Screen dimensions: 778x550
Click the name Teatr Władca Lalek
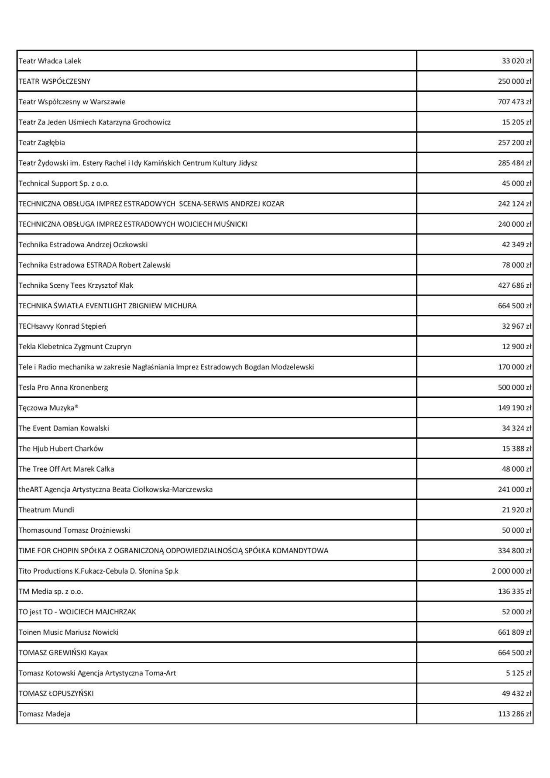coord(50,61)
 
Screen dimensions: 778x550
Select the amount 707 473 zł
coord(515,102)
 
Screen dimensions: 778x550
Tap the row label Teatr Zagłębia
coord(42,143)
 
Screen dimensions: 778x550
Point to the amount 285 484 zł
coord(515,163)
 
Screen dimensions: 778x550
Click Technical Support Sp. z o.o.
coord(64,184)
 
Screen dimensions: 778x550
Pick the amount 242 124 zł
coord(515,204)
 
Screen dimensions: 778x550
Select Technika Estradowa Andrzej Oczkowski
coord(83,245)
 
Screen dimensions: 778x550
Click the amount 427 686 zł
coord(515,286)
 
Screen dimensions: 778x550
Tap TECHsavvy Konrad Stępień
coord(62,327)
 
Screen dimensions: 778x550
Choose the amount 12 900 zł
coord(516,347)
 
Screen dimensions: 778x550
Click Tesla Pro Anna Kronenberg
coord(63,388)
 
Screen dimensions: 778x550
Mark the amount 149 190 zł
coord(515,408)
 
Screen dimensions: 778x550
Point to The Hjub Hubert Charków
coord(61,449)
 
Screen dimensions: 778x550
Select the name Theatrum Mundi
coord(46,510)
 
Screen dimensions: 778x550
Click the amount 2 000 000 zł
coord(512,571)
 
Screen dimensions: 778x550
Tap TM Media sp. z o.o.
coord(51,592)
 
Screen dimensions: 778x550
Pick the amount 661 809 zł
coord(515,633)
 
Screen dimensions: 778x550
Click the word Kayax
coord(98,653)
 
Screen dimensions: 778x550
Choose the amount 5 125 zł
coord(519,674)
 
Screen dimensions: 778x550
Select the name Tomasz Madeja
coord(45,714)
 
